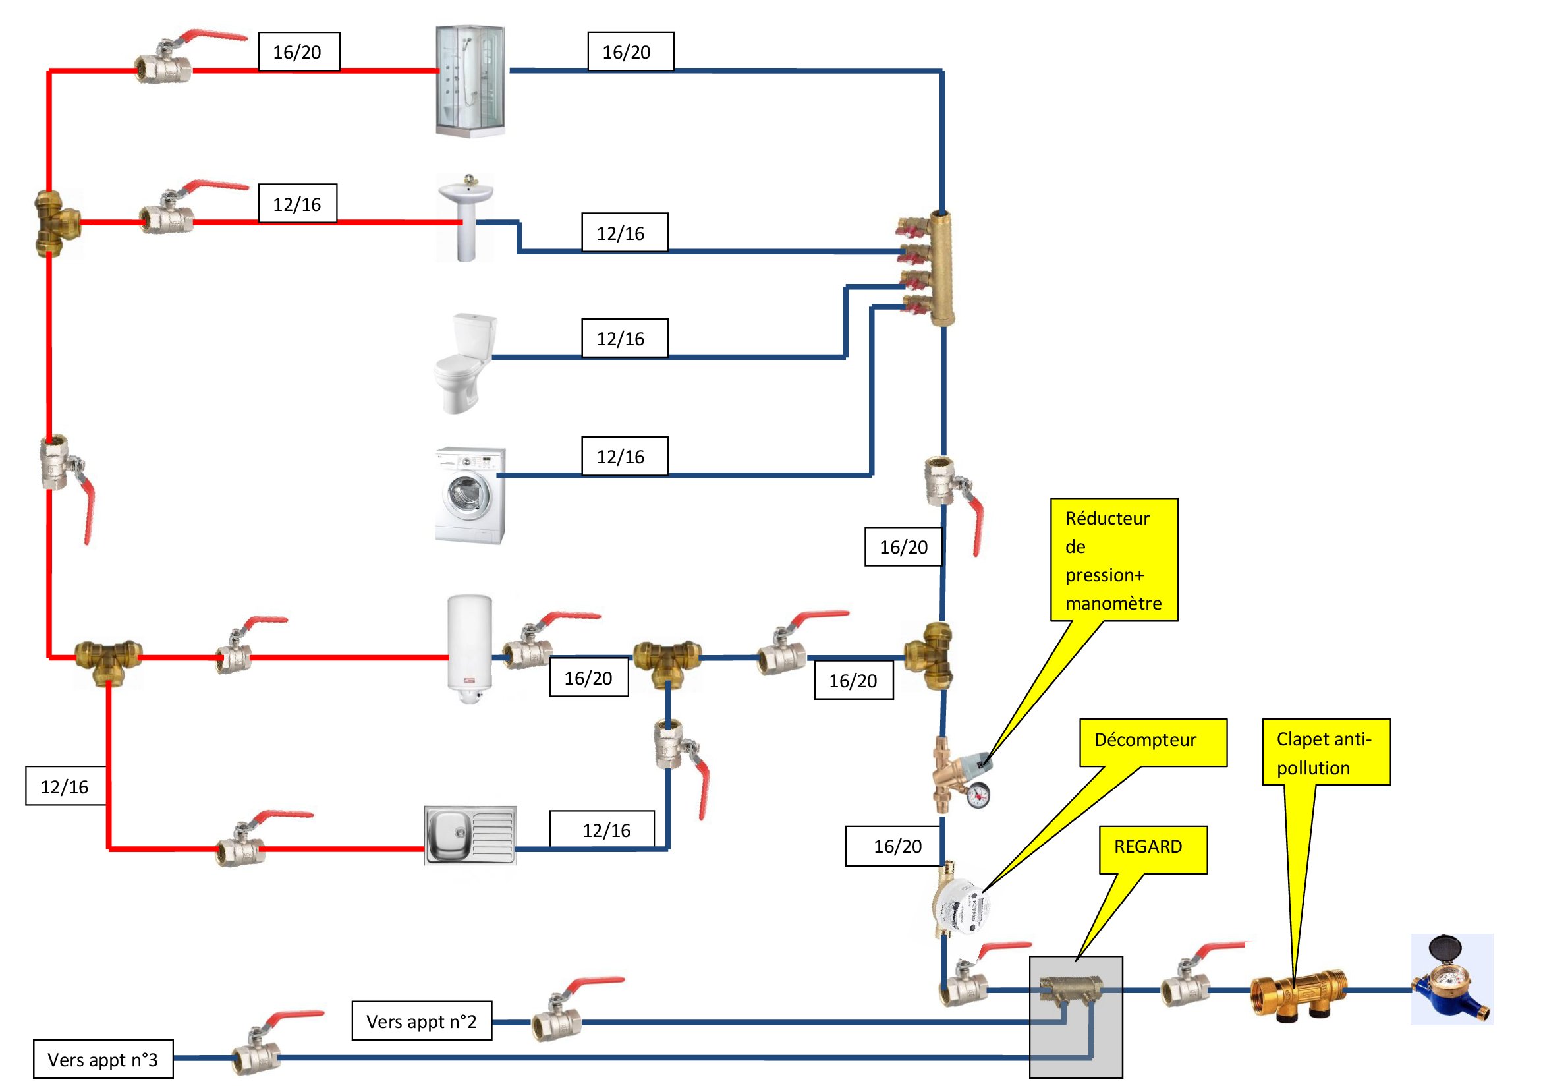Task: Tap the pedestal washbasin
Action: click(466, 216)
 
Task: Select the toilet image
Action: click(466, 362)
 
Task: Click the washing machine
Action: click(470, 496)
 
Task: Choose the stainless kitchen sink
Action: click(470, 835)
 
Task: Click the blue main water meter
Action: click(1451, 980)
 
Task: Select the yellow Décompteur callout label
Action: click(1152, 741)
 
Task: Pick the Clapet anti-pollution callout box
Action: click(1326, 752)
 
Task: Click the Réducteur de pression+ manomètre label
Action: click(1113, 559)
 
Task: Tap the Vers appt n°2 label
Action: click(422, 1020)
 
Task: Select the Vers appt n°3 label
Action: click(103, 1058)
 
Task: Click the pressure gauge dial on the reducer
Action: click(978, 796)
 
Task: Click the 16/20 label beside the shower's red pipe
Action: click(298, 51)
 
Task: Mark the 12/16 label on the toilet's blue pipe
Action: click(624, 338)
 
